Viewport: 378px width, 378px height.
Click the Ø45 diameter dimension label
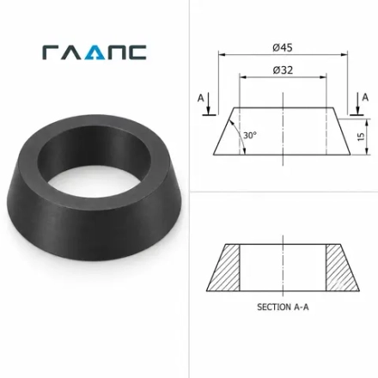283,47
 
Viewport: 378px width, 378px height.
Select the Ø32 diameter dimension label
283,70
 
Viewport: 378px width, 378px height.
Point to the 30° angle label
250,135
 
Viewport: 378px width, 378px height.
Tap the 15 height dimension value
361,137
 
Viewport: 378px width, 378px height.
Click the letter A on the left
201,98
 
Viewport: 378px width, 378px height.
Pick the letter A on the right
365,98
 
